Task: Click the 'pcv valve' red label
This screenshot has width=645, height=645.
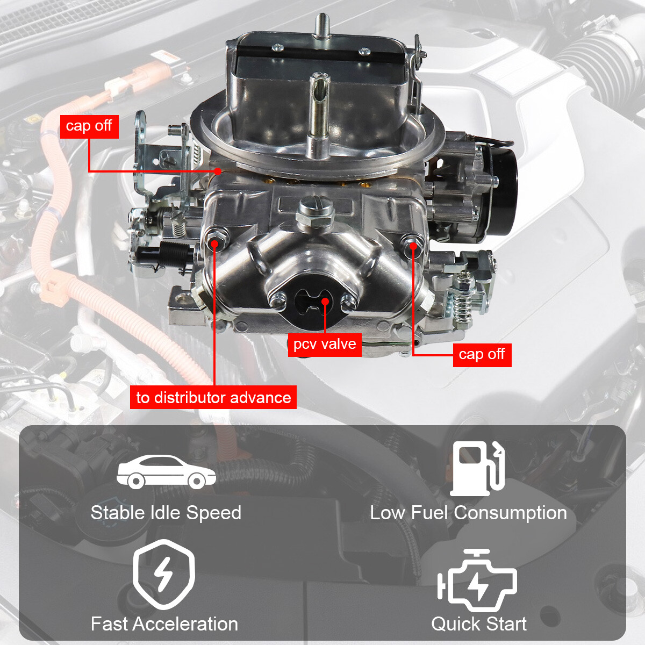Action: [x=325, y=344]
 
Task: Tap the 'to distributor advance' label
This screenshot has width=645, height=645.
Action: [x=213, y=398]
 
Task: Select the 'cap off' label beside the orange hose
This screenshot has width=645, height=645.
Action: [x=89, y=126]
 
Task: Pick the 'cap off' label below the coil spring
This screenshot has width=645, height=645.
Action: [x=482, y=355]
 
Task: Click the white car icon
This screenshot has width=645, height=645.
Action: [x=166, y=471]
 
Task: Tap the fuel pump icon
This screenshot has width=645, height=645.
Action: [x=477, y=468]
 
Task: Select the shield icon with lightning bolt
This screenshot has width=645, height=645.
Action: [x=163, y=575]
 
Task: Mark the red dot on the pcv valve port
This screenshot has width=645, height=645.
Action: [x=325, y=301]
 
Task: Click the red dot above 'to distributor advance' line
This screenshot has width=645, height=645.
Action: [x=214, y=243]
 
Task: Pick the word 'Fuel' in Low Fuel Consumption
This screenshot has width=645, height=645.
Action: [x=429, y=513]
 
